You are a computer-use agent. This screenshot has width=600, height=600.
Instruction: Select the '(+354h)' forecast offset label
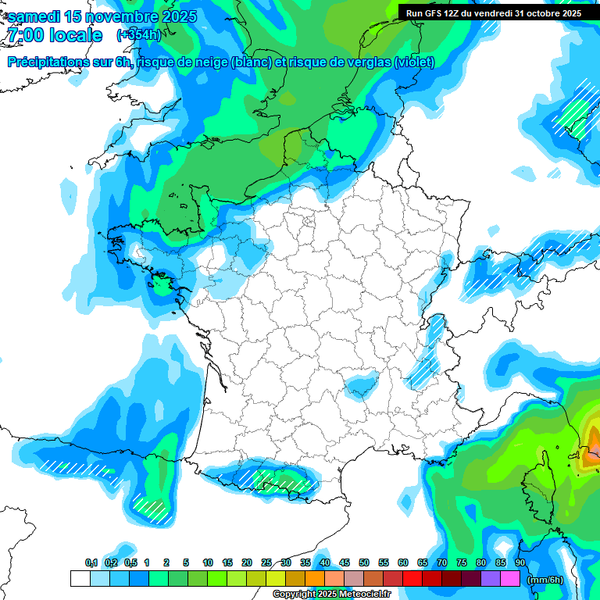tap(138, 35)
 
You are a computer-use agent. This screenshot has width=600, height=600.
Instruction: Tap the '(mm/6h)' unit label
tap(545, 579)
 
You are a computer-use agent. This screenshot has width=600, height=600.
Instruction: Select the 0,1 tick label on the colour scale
tap(91, 562)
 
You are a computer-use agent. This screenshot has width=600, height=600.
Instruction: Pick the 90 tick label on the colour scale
tap(520, 562)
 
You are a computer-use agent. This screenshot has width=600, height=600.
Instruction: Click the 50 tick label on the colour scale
tap(364, 562)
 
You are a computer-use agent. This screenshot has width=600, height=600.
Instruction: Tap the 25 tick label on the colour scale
tap(266, 562)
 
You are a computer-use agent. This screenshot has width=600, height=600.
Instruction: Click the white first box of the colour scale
tap(80, 578)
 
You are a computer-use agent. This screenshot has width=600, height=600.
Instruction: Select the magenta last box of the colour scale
tap(509, 578)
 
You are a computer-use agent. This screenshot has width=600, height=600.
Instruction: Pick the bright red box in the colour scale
tap(412, 578)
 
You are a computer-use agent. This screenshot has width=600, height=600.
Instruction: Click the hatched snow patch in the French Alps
tap(433, 344)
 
